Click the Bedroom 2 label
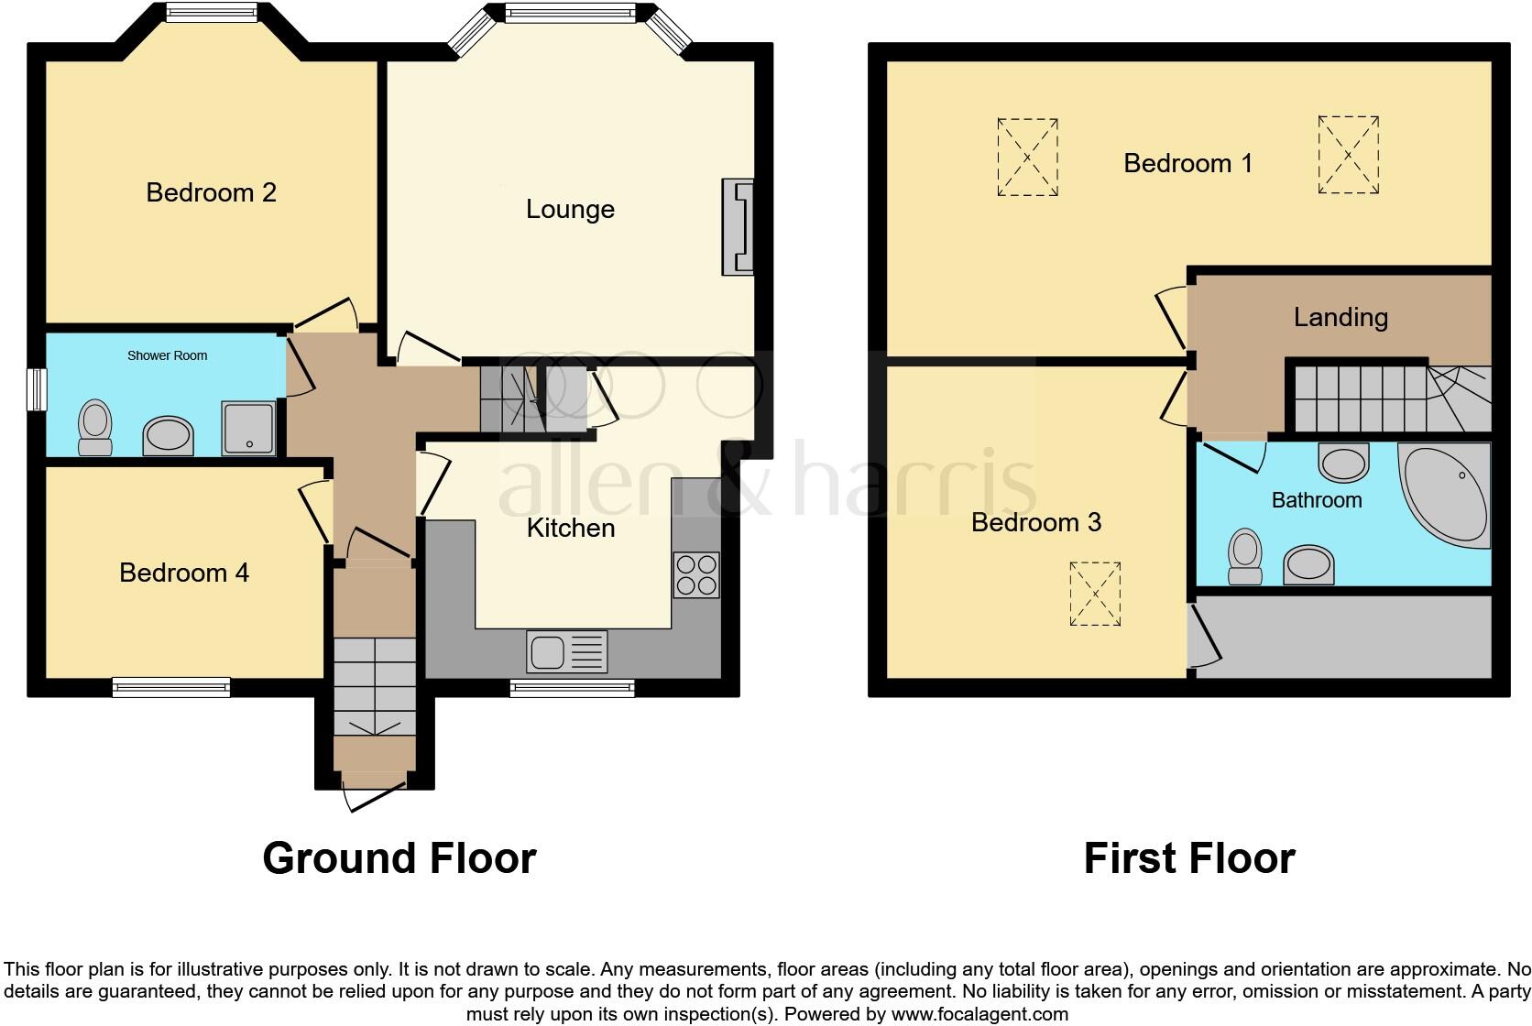(212, 193)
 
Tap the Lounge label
(570, 209)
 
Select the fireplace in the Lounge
(738, 228)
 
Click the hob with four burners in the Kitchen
(696, 575)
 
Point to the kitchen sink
(567, 651)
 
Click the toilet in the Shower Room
(95, 428)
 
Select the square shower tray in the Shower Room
(248, 429)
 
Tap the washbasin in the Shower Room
(168, 436)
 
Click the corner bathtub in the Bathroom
(1444, 495)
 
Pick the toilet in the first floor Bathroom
(1244, 557)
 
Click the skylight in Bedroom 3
(1095, 594)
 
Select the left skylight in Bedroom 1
(1027, 158)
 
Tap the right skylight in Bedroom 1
(1348, 155)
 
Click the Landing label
(1340, 317)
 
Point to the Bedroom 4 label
(184, 573)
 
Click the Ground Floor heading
(399, 858)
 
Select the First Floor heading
(1189, 858)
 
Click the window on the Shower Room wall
(37, 390)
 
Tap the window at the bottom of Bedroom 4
(171, 687)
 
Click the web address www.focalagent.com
(980, 1014)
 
